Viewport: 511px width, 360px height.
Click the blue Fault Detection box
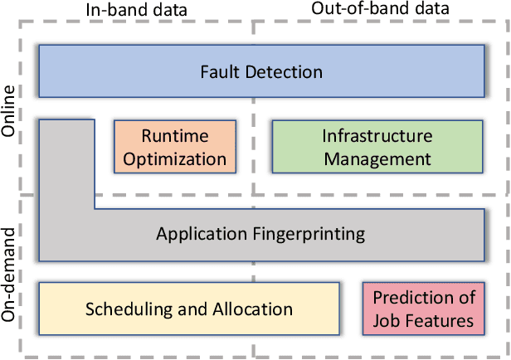pos(261,71)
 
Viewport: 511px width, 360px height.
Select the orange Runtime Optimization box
pos(174,147)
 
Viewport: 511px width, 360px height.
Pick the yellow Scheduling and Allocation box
pos(189,309)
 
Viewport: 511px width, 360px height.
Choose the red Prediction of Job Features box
pos(423,309)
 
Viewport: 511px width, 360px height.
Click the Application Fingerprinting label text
pos(260,234)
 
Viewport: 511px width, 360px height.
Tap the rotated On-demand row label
pos(10,278)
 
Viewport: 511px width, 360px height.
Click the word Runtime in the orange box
pos(174,136)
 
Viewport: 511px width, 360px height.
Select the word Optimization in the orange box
pos(174,158)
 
